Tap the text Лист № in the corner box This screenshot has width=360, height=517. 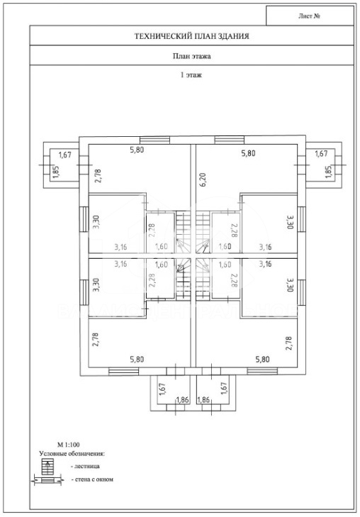point(309,16)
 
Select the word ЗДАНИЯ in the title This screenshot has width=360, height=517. point(234,36)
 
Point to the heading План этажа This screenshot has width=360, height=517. point(191,56)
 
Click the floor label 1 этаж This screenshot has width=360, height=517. point(191,75)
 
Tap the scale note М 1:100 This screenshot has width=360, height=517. point(69,445)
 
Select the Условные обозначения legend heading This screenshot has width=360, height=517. point(72,454)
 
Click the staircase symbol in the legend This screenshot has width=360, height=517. point(47,467)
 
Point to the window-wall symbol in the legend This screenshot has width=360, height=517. point(47,480)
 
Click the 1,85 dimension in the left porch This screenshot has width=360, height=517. point(56,172)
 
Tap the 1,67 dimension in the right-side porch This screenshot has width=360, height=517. point(321,153)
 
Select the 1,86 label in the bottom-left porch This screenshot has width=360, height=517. point(182,400)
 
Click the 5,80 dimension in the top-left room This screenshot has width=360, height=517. point(137,150)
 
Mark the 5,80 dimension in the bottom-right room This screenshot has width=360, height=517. point(262,359)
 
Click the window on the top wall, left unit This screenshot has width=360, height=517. point(154,140)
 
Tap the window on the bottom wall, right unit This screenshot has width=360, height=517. point(262,372)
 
